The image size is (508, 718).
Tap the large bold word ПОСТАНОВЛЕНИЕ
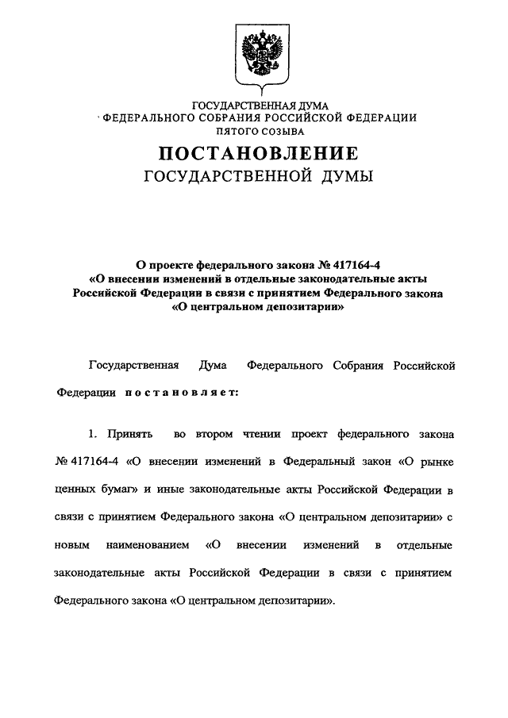259,153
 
